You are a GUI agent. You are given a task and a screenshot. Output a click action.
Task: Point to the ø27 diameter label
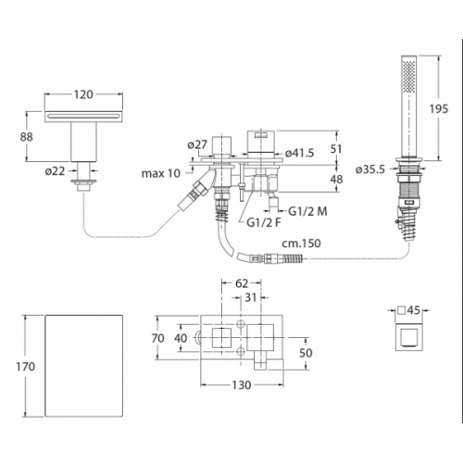(197, 144)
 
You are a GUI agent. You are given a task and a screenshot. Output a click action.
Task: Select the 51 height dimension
(337, 146)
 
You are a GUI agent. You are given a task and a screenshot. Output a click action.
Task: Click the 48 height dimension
(337, 180)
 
